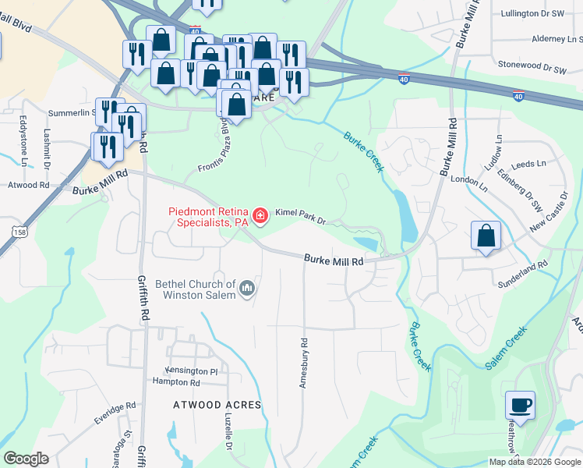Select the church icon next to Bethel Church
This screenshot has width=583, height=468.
[x=248, y=289]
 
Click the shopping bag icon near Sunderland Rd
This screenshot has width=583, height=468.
[x=486, y=236]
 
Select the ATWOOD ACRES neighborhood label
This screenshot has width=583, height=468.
[x=206, y=406]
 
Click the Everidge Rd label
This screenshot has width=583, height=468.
[x=115, y=413]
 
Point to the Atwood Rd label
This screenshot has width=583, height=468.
[x=28, y=186]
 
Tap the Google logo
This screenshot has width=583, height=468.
[x=26, y=459]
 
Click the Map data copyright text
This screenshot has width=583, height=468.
[x=535, y=462]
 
